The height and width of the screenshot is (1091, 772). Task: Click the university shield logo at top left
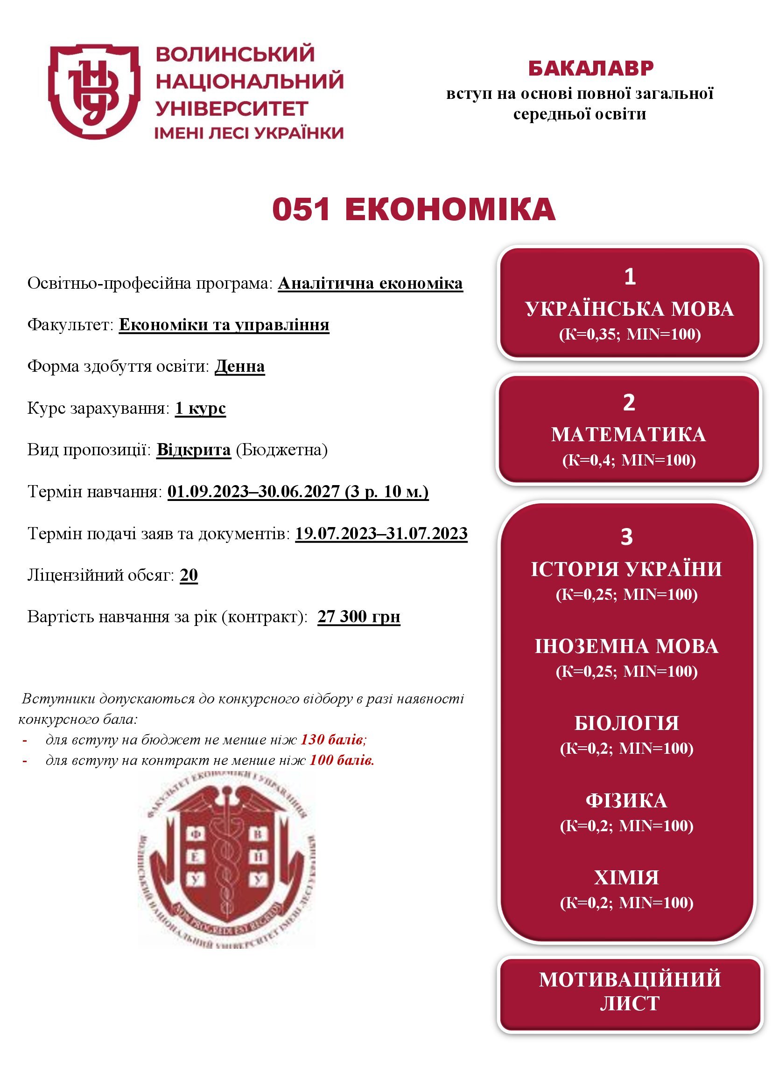point(94,91)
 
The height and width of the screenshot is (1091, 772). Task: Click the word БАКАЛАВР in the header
point(591,69)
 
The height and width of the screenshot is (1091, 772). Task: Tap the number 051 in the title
point(302,209)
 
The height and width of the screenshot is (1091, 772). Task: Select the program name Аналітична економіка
point(370,284)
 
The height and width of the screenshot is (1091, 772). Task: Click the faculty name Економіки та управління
point(224,325)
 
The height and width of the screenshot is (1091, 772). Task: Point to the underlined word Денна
point(239,366)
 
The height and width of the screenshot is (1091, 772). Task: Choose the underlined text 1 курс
point(200,408)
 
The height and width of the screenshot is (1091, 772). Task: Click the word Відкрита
point(194,450)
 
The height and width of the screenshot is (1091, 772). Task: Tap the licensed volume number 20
point(189,575)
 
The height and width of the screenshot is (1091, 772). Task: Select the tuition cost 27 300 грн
point(358,617)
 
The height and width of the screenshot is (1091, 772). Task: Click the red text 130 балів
point(333,740)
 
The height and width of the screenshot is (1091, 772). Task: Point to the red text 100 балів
point(342,760)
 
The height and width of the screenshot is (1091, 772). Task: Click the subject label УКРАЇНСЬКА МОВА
point(629,309)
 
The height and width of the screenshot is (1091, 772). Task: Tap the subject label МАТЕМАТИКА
point(628,435)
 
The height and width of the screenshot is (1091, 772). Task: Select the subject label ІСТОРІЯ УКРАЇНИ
point(626,569)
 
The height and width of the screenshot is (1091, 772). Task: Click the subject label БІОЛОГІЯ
point(626,723)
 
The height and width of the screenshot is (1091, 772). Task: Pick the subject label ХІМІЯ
point(626,878)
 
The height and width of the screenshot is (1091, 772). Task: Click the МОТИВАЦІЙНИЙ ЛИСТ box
point(629,992)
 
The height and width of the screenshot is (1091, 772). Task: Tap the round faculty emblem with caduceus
point(227,860)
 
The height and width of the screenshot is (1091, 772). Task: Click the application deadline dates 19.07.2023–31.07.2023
point(381,534)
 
